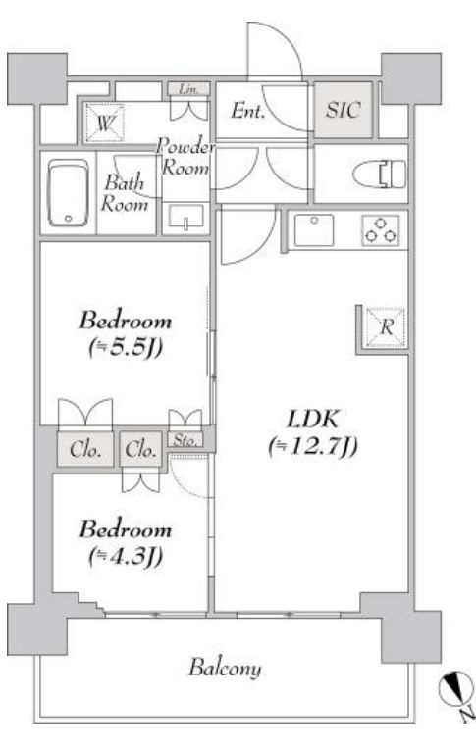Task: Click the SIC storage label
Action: point(343,110)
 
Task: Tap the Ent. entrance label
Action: point(247,111)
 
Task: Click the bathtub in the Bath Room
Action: point(69,192)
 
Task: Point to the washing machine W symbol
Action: point(104,123)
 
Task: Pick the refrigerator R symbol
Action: point(386,327)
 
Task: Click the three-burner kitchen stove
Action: point(381,230)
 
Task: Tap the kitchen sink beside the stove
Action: point(314,230)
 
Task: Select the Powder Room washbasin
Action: point(186,218)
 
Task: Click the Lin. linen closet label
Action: point(188,89)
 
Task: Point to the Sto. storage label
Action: point(185,439)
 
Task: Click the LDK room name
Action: point(313,419)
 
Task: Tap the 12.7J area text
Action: point(313,448)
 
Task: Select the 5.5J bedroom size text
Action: point(126,348)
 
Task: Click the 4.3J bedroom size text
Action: point(126,557)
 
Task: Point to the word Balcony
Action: point(225,668)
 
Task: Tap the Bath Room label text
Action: point(124,193)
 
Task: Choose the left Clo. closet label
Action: point(85,449)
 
